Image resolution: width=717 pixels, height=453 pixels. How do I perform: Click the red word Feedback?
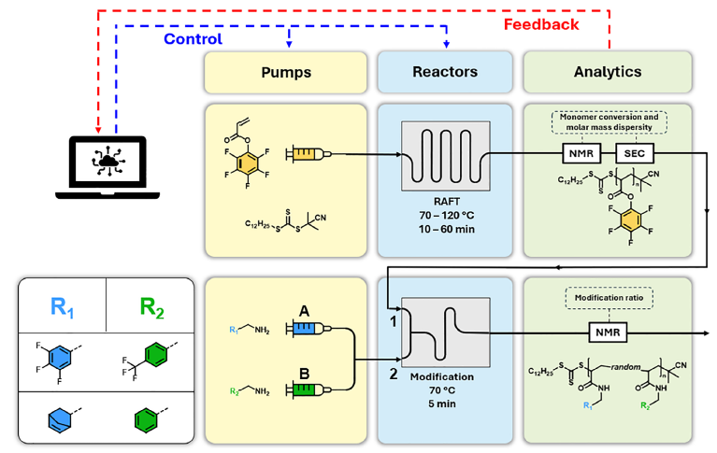click(541, 24)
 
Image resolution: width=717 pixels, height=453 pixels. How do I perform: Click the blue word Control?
click(193, 39)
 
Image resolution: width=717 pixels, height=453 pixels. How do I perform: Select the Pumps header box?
click(286, 72)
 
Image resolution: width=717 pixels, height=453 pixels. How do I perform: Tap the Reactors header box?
click(445, 72)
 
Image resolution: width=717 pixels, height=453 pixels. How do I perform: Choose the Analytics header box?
click(608, 72)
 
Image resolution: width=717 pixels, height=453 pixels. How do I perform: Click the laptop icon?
click(108, 167)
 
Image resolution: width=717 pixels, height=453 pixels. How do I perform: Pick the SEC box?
click(634, 153)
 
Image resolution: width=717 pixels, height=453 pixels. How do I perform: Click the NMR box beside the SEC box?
click(581, 153)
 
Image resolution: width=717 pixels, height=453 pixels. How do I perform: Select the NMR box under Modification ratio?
click(608, 333)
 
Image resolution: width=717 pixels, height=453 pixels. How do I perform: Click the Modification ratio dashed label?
click(609, 298)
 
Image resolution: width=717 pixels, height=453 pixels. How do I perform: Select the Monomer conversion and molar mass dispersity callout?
click(609, 122)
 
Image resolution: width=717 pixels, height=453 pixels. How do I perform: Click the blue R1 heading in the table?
click(63, 307)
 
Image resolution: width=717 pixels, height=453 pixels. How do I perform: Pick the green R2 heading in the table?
click(151, 307)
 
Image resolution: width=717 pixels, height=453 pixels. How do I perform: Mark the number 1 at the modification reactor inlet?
click(393, 322)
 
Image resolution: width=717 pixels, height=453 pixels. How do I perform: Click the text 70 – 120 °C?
click(446, 216)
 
